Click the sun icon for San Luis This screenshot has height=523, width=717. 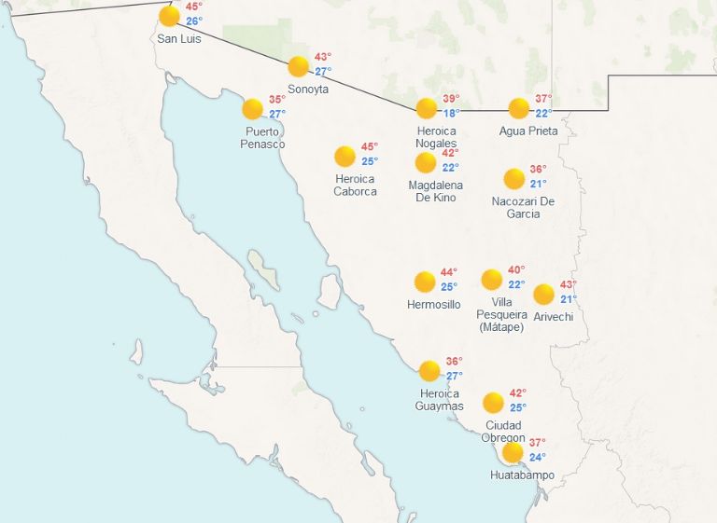click(x=169, y=16)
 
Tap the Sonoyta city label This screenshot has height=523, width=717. click(x=308, y=89)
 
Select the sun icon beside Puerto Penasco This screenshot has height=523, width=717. click(x=252, y=109)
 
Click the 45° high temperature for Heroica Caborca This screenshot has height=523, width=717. click(x=370, y=146)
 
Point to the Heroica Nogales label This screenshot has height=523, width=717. click(x=436, y=137)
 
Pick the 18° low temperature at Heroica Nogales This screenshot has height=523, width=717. click(x=451, y=114)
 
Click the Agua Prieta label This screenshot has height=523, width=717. click(x=528, y=131)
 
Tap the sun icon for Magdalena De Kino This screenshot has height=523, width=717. click(x=426, y=163)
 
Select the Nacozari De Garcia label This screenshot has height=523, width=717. click(x=523, y=207)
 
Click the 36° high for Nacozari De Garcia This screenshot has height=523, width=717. click(x=538, y=170)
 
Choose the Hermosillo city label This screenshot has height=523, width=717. click(x=433, y=305)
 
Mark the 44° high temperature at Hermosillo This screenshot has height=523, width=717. click(x=449, y=272)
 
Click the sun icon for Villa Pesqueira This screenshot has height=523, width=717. click(x=492, y=280)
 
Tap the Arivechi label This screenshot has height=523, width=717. click(x=553, y=317)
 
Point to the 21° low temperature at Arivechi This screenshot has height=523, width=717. click(x=569, y=299)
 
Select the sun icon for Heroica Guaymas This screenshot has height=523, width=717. click(x=429, y=371)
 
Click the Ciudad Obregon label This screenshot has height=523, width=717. click(x=503, y=432)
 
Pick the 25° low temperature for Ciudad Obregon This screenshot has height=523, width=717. click(x=518, y=407)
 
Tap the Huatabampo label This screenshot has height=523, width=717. click(x=522, y=475)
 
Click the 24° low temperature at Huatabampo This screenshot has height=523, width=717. click(x=538, y=457)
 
